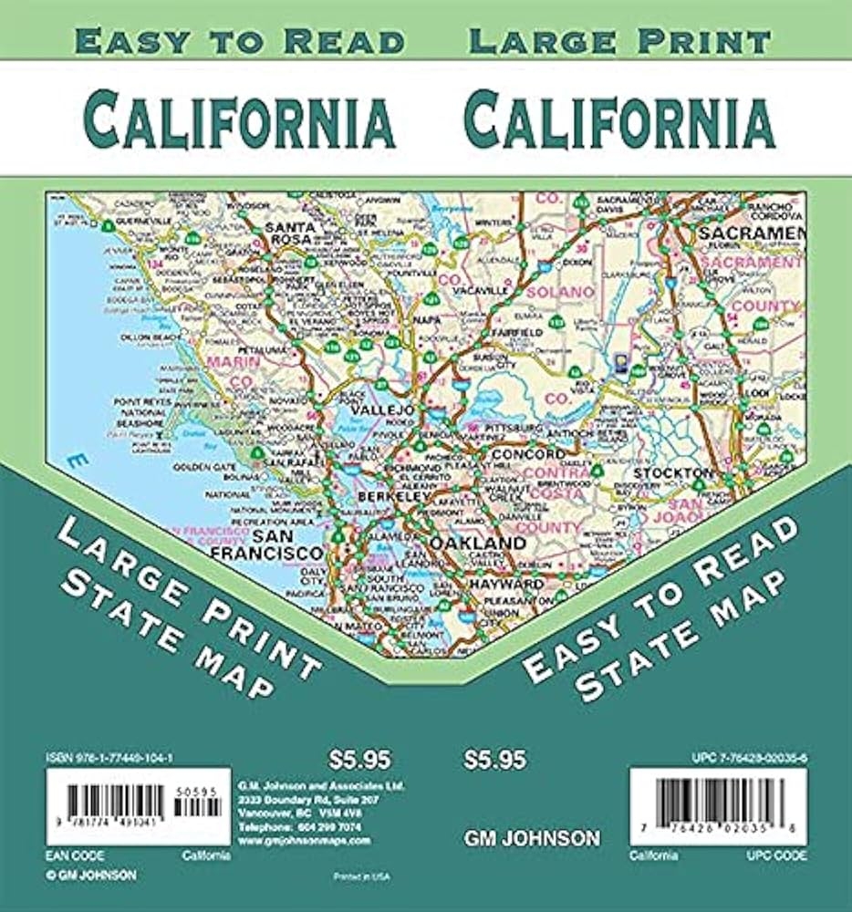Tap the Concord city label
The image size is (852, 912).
pos(528,454)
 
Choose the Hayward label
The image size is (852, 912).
pos(506,583)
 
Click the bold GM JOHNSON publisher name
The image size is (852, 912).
pos(532,837)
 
